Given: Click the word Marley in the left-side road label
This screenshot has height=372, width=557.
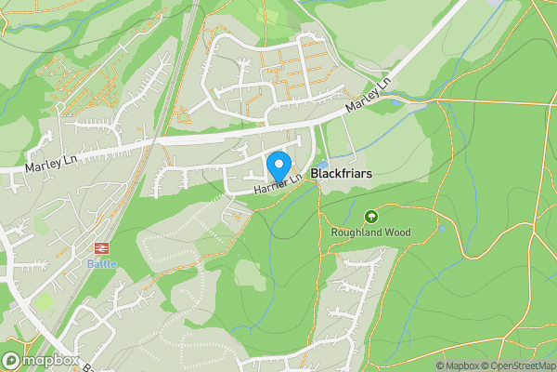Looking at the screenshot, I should coord(44,165).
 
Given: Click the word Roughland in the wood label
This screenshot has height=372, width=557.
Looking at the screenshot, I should coord(357,232).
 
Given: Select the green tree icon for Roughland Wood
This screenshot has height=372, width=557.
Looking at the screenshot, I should coord(371,216).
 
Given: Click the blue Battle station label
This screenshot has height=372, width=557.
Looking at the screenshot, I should coord(99,262).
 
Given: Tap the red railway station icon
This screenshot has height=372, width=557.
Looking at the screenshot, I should coord(99,248).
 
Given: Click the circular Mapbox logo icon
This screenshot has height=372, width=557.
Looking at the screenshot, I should coord(11,360).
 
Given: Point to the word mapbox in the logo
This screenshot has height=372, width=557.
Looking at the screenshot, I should coord(50,360).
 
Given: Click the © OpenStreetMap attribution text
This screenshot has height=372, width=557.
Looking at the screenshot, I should coord(519,365).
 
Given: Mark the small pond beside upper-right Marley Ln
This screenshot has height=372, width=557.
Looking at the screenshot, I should coord(397,102).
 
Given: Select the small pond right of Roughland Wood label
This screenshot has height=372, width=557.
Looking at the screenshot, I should coord(441,228).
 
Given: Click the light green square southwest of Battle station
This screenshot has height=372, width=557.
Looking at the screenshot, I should coord(44,302).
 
